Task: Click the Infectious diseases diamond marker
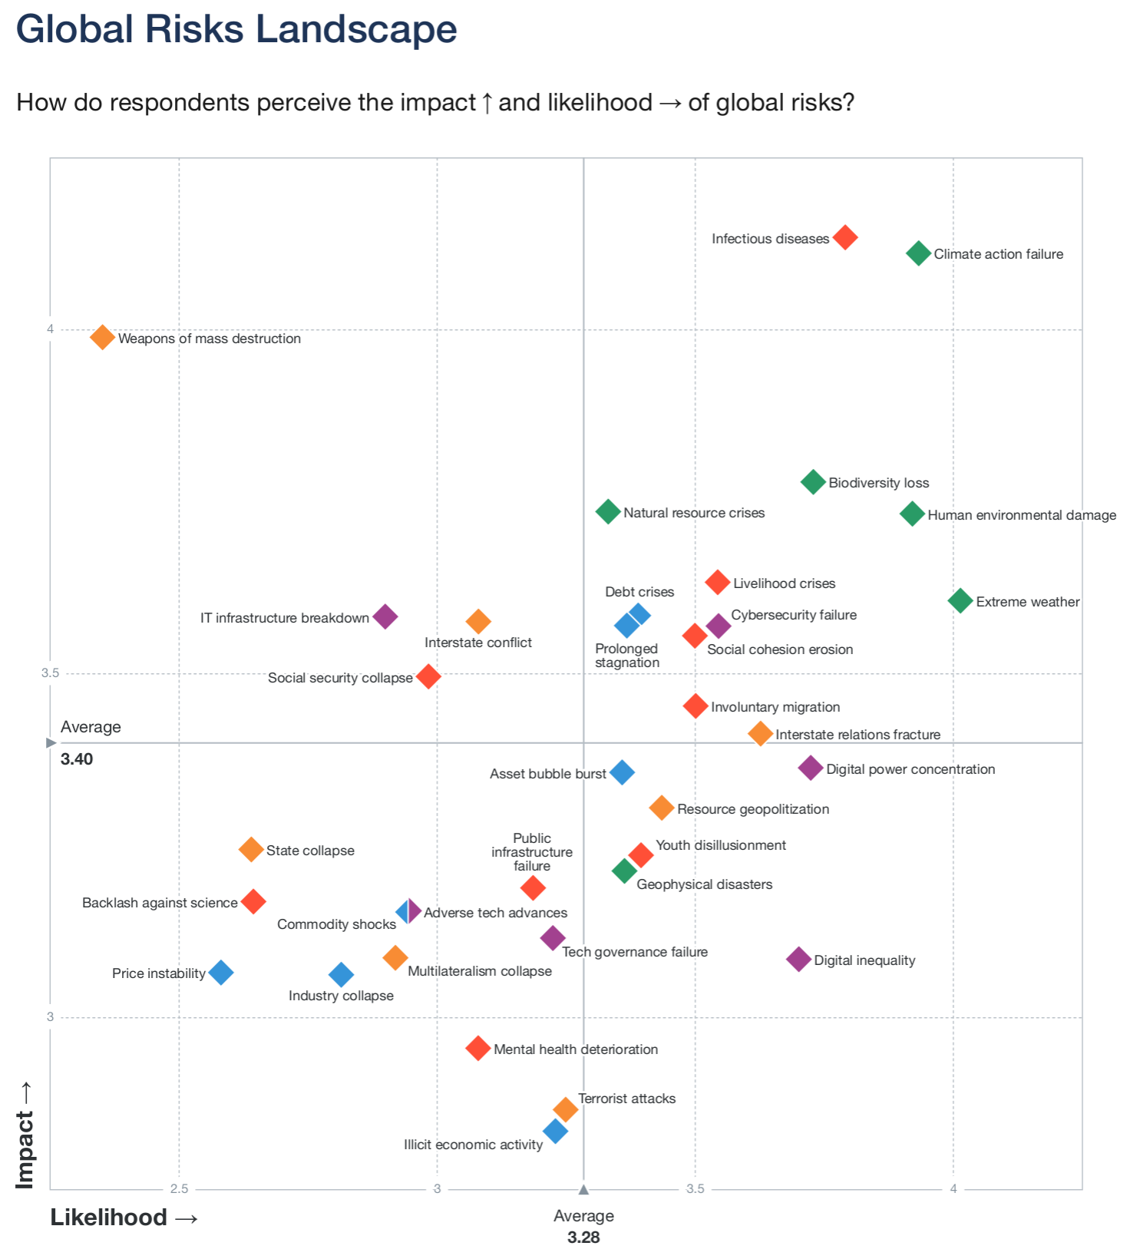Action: pos(844,237)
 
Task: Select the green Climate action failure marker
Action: pos(918,253)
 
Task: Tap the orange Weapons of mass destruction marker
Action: pos(102,337)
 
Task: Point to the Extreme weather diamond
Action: pos(960,600)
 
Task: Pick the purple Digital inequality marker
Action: pos(798,959)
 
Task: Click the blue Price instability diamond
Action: pos(221,973)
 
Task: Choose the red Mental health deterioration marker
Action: pos(477,1048)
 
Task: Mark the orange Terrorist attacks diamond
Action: pos(565,1109)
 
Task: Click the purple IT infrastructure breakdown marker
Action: pos(385,616)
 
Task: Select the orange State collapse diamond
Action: pos(251,850)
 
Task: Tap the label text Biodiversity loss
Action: pos(878,483)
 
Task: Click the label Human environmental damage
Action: pos(1021,515)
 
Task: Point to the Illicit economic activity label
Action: pos(473,1145)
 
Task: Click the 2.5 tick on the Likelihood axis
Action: pos(179,1189)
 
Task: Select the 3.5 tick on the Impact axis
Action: pos(50,673)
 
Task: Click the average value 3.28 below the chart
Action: pos(583,1238)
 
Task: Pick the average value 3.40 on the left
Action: pos(77,759)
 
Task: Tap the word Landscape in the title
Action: pos(356,30)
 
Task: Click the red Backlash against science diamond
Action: pos(253,901)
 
